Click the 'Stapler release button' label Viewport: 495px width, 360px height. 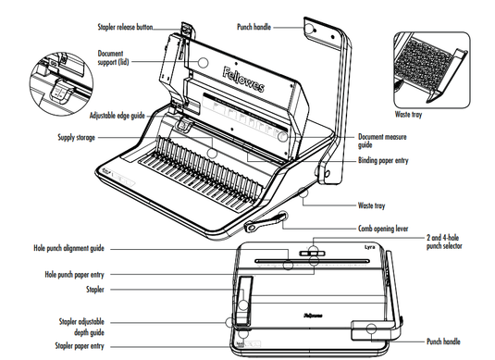tap(125, 27)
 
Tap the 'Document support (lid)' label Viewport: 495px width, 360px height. tap(113, 57)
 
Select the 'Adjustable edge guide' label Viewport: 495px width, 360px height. tap(118, 116)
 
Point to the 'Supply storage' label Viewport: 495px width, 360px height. tap(76, 137)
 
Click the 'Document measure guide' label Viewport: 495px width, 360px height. tap(382, 141)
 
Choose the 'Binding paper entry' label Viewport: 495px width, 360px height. tap(383, 160)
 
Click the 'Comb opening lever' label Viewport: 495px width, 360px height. tap(383, 229)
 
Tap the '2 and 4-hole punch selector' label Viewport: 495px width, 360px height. tap(444, 242)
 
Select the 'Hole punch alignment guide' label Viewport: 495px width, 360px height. tap(68, 248)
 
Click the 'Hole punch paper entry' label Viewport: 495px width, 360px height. tap(74, 275)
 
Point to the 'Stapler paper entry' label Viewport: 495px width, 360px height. tap(80, 346)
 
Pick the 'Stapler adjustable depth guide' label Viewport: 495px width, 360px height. tap(81, 328)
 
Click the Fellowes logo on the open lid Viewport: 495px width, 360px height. tap(243, 80)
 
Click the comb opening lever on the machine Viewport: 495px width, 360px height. tap(266, 222)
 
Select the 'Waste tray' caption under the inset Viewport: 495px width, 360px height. tap(408, 115)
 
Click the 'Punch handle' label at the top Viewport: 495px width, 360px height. tap(254, 27)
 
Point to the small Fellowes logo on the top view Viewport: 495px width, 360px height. tap(313, 316)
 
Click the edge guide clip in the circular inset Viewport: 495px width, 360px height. tap(60, 92)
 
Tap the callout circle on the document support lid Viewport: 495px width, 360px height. tap(203, 63)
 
